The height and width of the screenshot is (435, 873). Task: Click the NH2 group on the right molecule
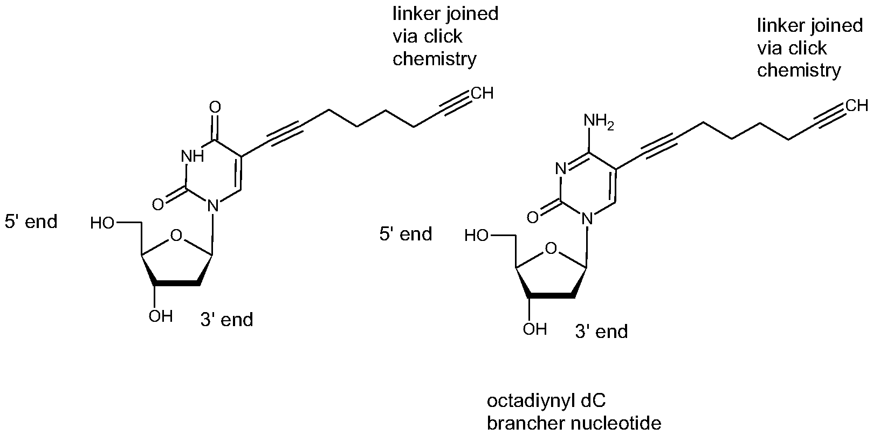coord(599,121)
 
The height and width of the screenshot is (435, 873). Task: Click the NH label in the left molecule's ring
coord(193,156)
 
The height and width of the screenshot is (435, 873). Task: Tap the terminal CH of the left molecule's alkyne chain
coord(482,93)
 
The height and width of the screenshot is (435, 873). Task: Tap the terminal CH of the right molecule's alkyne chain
coord(857,106)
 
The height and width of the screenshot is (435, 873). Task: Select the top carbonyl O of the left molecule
coord(215,107)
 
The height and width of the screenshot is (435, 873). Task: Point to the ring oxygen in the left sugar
coord(176,236)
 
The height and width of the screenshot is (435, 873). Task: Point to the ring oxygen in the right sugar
coord(551,248)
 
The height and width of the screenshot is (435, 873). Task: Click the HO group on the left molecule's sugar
coord(102,224)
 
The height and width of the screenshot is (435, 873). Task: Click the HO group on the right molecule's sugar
coord(476,236)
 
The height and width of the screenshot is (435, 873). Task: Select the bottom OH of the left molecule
coord(161,316)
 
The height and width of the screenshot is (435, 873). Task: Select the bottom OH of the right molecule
coord(535,329)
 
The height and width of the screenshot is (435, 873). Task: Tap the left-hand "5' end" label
coord(31,222)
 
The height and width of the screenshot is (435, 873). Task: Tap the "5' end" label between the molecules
coord(405,234)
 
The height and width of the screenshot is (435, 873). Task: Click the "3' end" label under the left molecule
coord(227,320)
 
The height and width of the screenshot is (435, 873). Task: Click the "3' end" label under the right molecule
coord(601,332)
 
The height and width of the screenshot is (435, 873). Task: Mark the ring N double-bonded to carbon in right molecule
coord(560,169)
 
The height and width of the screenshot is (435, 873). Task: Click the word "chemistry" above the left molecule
coord(435,59)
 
